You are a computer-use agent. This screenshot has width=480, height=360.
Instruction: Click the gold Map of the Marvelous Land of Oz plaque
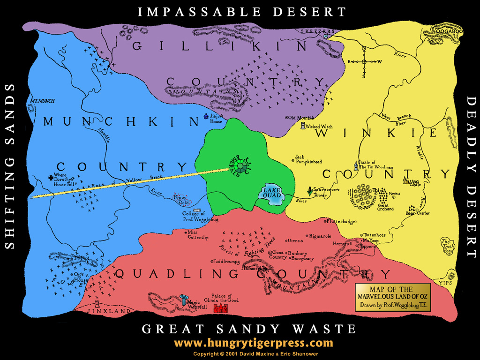(392, 297)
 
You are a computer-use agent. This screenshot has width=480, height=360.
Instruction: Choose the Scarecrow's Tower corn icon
(309, 191)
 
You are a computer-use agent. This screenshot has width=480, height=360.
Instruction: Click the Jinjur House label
(216, 119)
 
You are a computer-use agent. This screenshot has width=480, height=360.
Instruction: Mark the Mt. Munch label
(40, 100)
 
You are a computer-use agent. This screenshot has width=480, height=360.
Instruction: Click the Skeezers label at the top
(313, 31)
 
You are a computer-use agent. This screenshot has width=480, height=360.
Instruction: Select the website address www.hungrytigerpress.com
(253, 343)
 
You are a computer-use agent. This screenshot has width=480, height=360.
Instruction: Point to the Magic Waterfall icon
(184, 300)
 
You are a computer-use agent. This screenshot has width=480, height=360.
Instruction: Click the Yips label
(445, 283)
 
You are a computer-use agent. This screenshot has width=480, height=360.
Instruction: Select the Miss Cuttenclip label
(198, 235)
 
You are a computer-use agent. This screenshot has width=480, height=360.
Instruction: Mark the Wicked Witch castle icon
(302, 126)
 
